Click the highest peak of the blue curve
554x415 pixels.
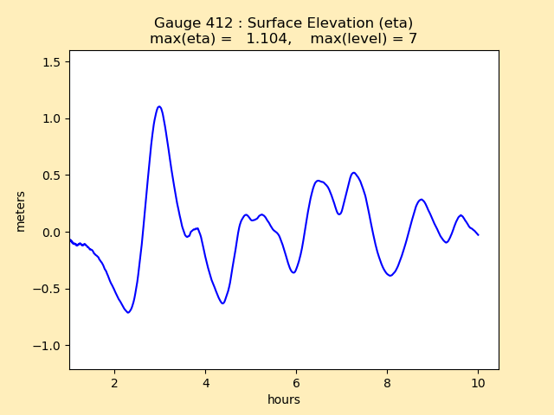tap(159, 106)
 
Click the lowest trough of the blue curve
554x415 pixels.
tap(128, 312)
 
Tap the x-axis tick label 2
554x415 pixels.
tap(114, 383)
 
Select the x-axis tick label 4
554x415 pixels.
tap(205, 383)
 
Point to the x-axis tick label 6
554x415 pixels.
tap(296, 383)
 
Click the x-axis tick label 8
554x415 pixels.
tap(387, 383)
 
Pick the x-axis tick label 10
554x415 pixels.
tap(478, 383)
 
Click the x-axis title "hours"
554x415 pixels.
tap(284, 399)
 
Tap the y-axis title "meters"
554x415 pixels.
tap(21, 211)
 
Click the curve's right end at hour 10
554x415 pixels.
tap(478, 235)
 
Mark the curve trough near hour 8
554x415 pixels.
tap(390, 276)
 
